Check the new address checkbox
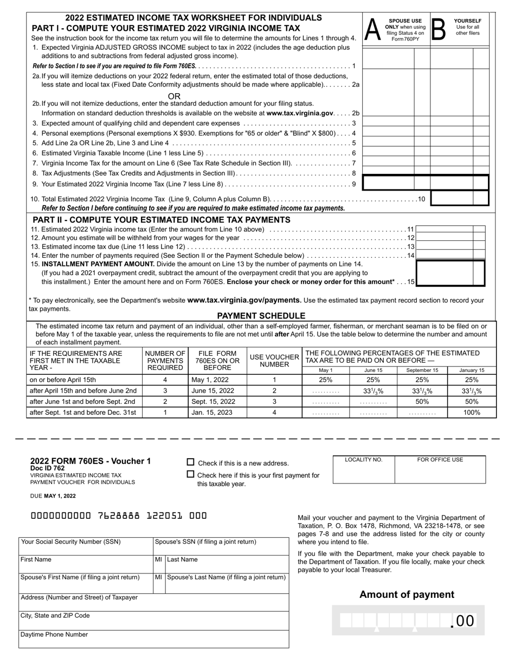190,462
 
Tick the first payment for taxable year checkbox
190,474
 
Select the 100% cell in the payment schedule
472,412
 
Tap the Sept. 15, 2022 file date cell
217,401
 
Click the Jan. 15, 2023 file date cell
217,412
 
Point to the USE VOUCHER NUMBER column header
274,361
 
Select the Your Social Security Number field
86,547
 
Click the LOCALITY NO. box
364,470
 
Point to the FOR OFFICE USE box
440,470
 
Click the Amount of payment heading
407,595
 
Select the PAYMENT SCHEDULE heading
261,316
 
